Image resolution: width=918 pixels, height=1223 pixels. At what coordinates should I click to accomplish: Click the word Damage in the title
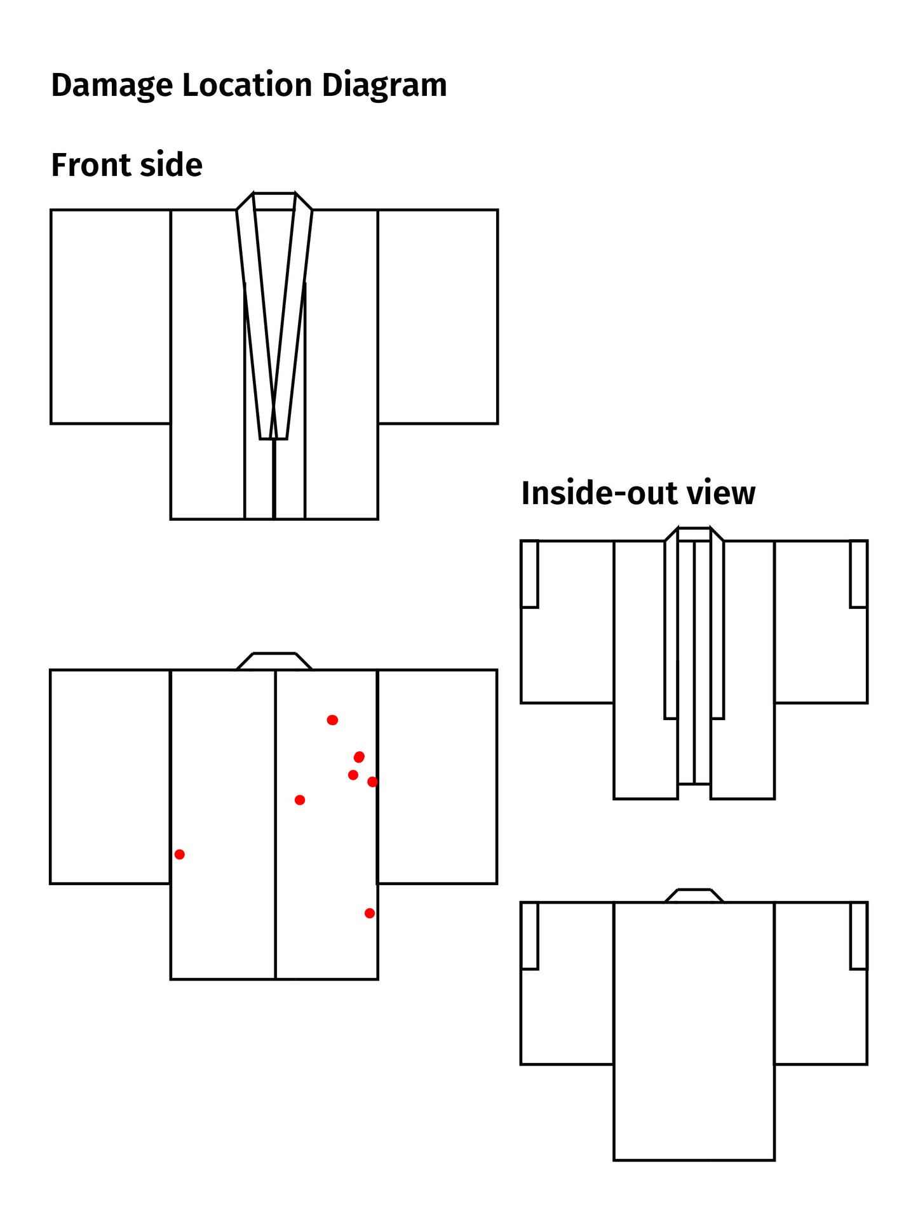(x=111, y=86)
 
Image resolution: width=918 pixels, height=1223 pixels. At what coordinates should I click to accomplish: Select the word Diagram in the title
(x=384, y=86)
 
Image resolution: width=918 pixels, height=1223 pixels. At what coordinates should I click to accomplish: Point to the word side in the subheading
(x=171, y=165)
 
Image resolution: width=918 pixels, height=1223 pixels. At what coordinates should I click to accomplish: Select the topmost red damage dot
(x=332, y=719)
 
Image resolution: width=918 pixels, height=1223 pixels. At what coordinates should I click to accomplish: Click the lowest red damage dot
(x=370, y=912)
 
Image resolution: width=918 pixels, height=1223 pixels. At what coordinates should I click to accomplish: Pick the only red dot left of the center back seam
(x=180, y=854)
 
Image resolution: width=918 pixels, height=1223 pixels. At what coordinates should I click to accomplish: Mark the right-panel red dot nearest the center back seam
(x=300, y=799)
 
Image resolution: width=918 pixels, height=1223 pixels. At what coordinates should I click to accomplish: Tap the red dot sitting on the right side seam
(x=373, y=782)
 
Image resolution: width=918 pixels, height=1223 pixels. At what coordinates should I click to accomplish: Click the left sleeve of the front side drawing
(x=111, y=316)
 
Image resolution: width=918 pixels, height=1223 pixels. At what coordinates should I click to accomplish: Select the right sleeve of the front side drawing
(x=438, y=316)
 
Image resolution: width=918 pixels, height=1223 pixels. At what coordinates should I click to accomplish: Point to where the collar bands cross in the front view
(x=274, y=406)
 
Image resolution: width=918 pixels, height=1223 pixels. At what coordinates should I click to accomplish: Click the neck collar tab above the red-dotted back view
(x=274, y=661)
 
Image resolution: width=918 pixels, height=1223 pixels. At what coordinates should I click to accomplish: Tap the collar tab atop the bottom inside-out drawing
(x=694, y=895)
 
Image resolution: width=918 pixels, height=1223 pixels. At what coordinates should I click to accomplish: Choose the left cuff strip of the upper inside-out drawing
(x=530, y=574)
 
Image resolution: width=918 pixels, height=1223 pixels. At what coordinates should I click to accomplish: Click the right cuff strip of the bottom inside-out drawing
(x=859, y=935)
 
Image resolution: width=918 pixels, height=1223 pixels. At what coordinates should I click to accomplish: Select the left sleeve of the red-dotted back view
(x=111, y=776)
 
